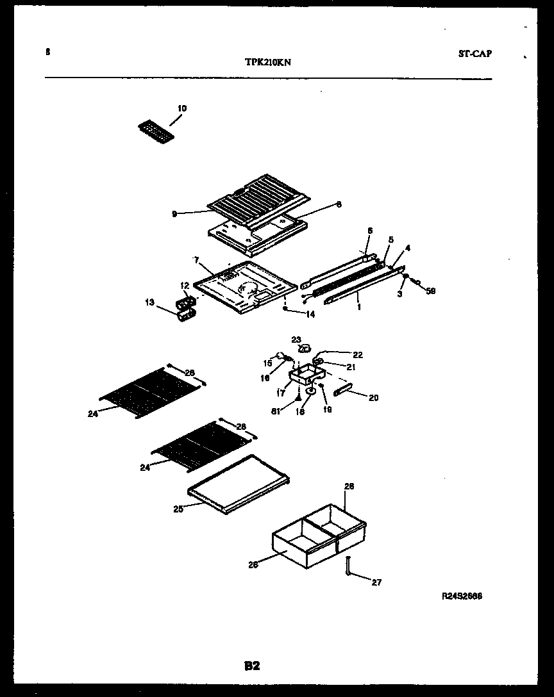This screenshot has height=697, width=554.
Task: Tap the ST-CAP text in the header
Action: pyautogui.click(x=475, y=54)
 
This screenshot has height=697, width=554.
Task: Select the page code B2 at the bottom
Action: pyautogui.click(x=251, y=666)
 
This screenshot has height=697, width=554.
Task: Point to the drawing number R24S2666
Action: pyautogui.click(x=462, y=596)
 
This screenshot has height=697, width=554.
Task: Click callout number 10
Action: pyautogui.click(x=182, y=108)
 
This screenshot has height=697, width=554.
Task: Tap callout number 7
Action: pyautogui.click(x=197, y=260)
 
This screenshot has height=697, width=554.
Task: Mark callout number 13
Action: pyautogui.click(x=149, y=302)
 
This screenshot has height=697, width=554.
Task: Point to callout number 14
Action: pyautogui.click(x=310, y=314)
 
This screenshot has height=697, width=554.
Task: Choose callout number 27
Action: pyautogui.click(x=376, y=582)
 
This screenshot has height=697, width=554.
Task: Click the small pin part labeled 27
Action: pyautogui.click(x=348, y=566)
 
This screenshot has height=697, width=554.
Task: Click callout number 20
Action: pyautogui.click(x=373, y=398)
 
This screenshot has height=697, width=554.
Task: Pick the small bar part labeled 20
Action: pyautogui.click(x=342, y=389)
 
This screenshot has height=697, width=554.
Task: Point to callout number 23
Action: pyautogui.click(x=296, y=340)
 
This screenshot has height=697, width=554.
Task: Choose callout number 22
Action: pyautogui.click(x=357, y=354)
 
